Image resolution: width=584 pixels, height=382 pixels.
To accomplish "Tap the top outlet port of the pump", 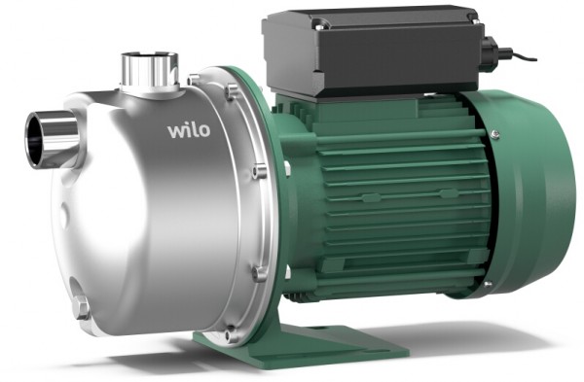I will [x=149, y=69].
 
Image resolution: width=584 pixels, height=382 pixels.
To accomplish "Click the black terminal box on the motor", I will [x=370, y=52].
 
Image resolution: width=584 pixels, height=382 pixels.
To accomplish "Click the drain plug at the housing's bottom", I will [x=81, y=309].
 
